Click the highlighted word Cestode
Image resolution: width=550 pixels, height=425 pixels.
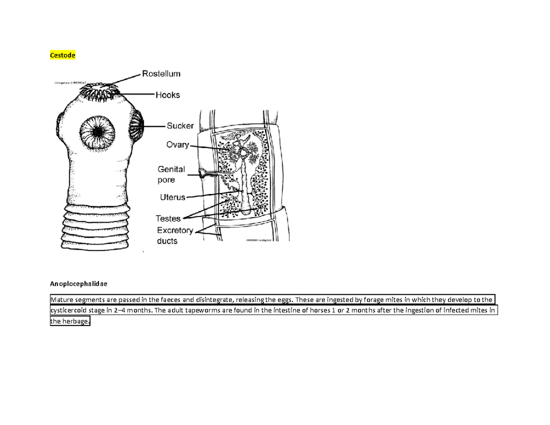pos(62,55)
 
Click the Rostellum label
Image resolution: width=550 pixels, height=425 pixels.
pos(160,73)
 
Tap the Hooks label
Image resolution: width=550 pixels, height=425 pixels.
pos(167,95)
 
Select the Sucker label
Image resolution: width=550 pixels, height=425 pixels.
pos(180,125)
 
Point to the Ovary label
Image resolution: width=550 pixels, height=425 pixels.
pos(177,145)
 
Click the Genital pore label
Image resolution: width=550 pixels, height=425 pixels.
pos(171,174)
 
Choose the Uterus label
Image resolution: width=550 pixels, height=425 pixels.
pos(172,198)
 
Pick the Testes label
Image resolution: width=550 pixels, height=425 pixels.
pos(168,219)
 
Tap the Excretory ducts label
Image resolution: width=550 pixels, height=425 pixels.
pos(175,235)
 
